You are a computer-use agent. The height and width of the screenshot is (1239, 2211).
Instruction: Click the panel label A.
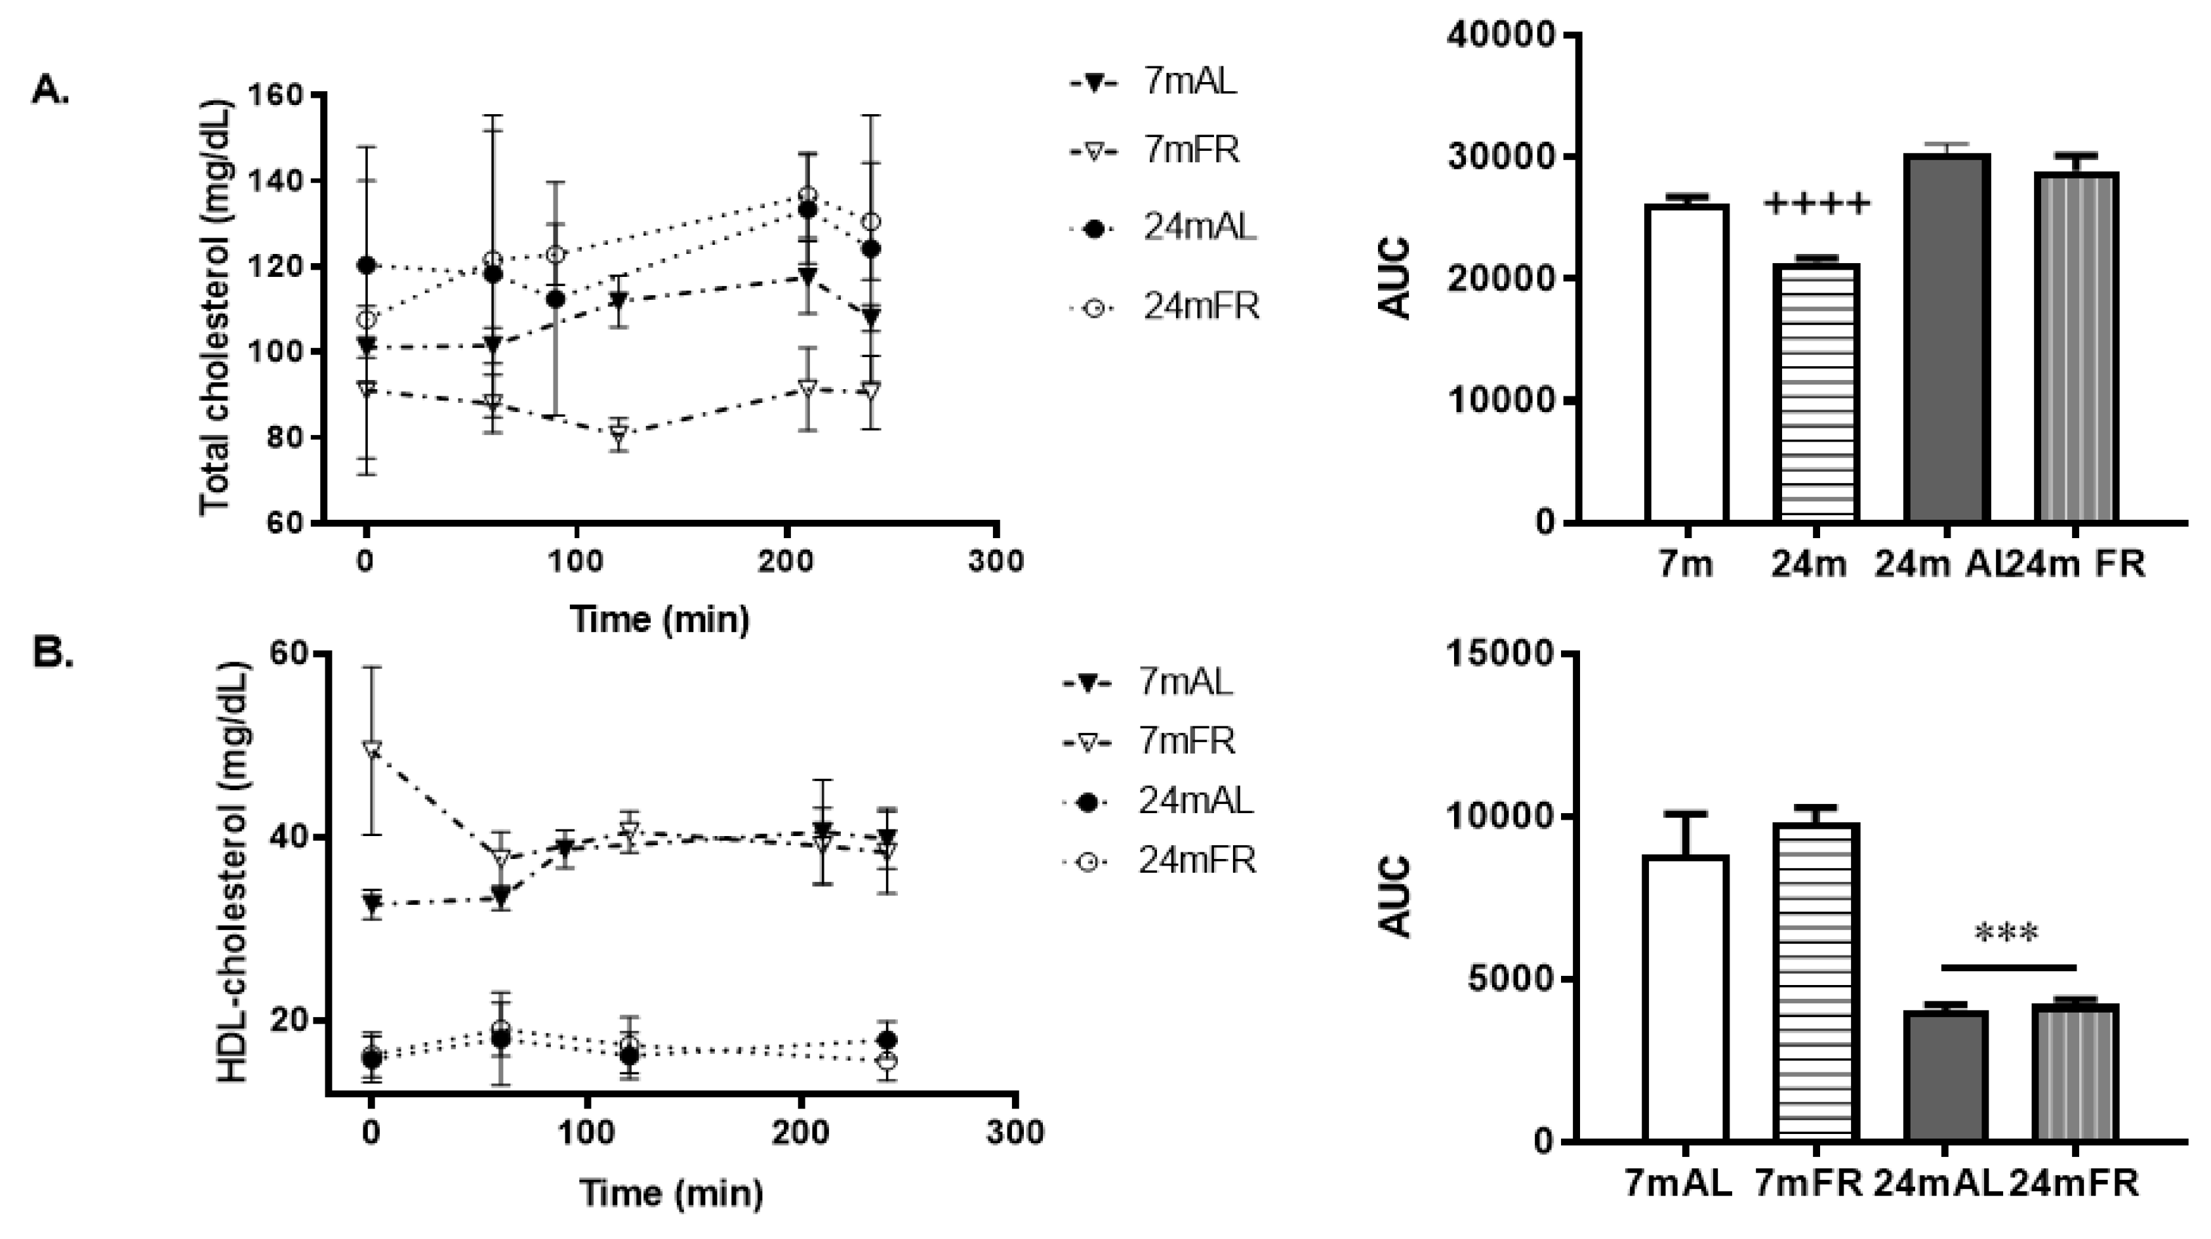coord(51,90)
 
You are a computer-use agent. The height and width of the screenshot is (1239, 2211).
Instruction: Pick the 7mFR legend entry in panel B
coord(1187,741)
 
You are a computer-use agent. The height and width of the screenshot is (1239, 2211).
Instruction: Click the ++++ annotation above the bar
coord(1815,204)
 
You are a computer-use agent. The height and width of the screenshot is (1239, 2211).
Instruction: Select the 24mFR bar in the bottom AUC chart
coord(2075,1072)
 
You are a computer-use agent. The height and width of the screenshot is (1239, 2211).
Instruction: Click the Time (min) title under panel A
coord(659,619)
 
